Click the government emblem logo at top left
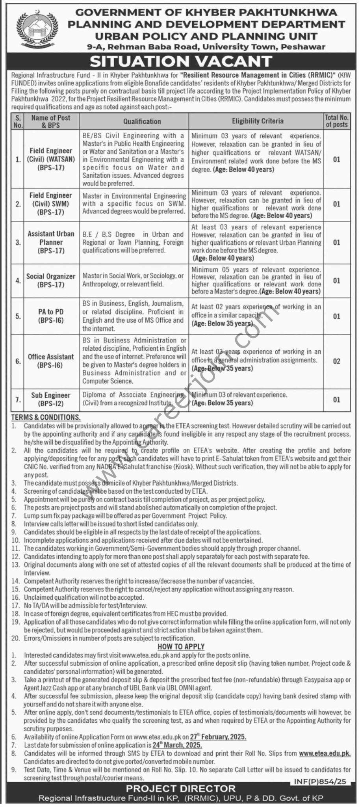point(32,30)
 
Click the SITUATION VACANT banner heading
point(181,61)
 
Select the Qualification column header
point(142,121)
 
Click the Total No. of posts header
point(336,121)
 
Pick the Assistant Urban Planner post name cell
point(51,242)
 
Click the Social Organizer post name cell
point(51,281)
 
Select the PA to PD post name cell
point(51,316)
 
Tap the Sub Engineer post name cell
point(51,399)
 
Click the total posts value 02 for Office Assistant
point(336,361)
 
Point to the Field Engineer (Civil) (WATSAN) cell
point(51,159)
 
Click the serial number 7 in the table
point(18,400)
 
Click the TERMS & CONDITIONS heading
point(46,417)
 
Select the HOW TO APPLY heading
point(181,647)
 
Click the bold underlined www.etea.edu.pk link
point(325,753)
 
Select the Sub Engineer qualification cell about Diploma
point(134,399)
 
